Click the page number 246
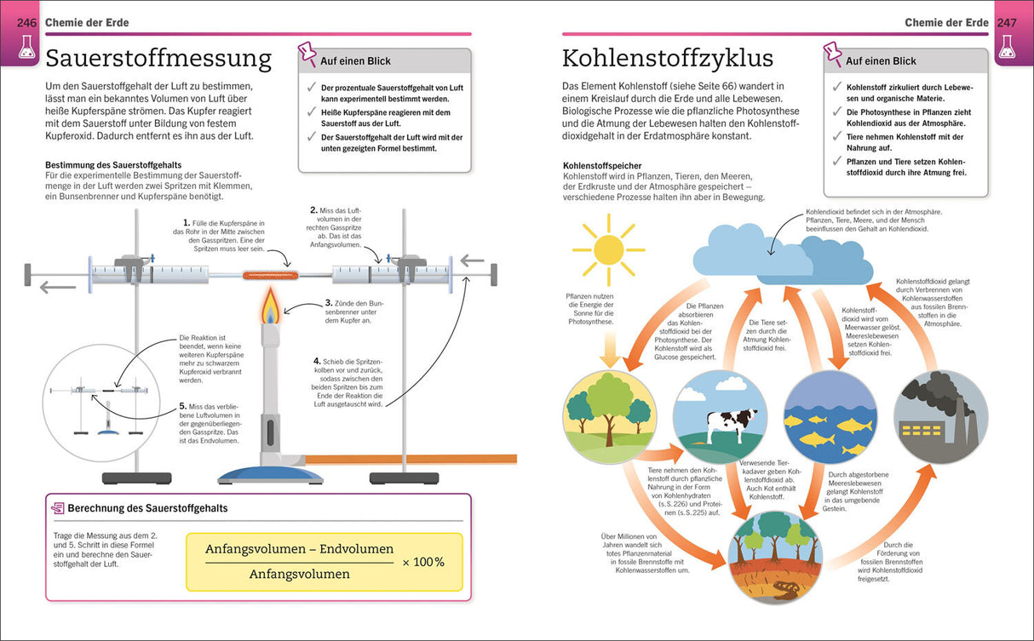(27, 23)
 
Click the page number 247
(1007, 23)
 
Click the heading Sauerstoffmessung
(158, 59)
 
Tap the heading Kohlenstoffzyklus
(668, 59)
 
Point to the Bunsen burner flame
(271, 306)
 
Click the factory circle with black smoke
(940, 417)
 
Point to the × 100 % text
(423, 562)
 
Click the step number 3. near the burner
(328, 303)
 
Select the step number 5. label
(182, 407)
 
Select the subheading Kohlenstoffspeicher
(602, 166)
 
